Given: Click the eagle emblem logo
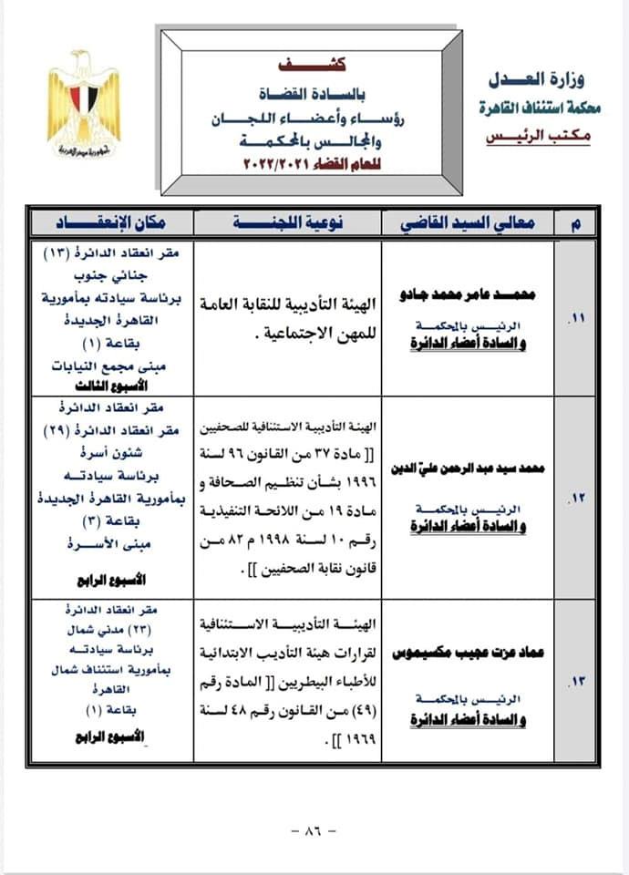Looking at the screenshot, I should pos(84,105).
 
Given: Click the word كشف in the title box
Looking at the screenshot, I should pos(314,68).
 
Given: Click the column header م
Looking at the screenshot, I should pos(576,222).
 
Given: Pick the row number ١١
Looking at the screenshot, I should pos(576,321).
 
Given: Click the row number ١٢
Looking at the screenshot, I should pos(576,498).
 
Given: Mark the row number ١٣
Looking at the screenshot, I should pos(576,679).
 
